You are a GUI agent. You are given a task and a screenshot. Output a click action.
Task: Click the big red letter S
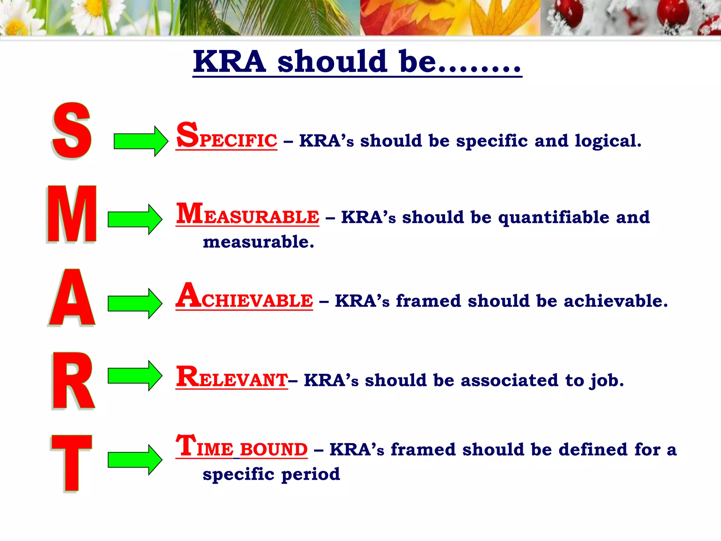coord(72,131)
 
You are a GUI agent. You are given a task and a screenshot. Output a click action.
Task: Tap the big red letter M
coord(72,214)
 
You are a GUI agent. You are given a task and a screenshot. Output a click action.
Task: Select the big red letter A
coord(72,298)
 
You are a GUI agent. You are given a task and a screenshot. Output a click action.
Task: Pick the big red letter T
coord(71,463)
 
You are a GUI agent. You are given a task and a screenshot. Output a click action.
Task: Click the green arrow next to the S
coord(141,141)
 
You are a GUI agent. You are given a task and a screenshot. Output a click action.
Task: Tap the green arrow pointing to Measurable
coord(135,219)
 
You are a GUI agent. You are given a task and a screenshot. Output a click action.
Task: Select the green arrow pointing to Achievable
coord(135,303)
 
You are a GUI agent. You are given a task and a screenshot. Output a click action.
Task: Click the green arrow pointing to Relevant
coord(135,375)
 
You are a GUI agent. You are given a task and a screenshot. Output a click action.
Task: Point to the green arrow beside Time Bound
coord(135,460)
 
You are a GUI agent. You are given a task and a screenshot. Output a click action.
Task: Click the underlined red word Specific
coord(227,137)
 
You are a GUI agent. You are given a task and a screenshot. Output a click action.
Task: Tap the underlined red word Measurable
coord(248,214)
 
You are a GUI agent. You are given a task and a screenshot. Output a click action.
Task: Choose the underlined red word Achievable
coord(244,297)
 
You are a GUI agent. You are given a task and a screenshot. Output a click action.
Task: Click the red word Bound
coord(274,449)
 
